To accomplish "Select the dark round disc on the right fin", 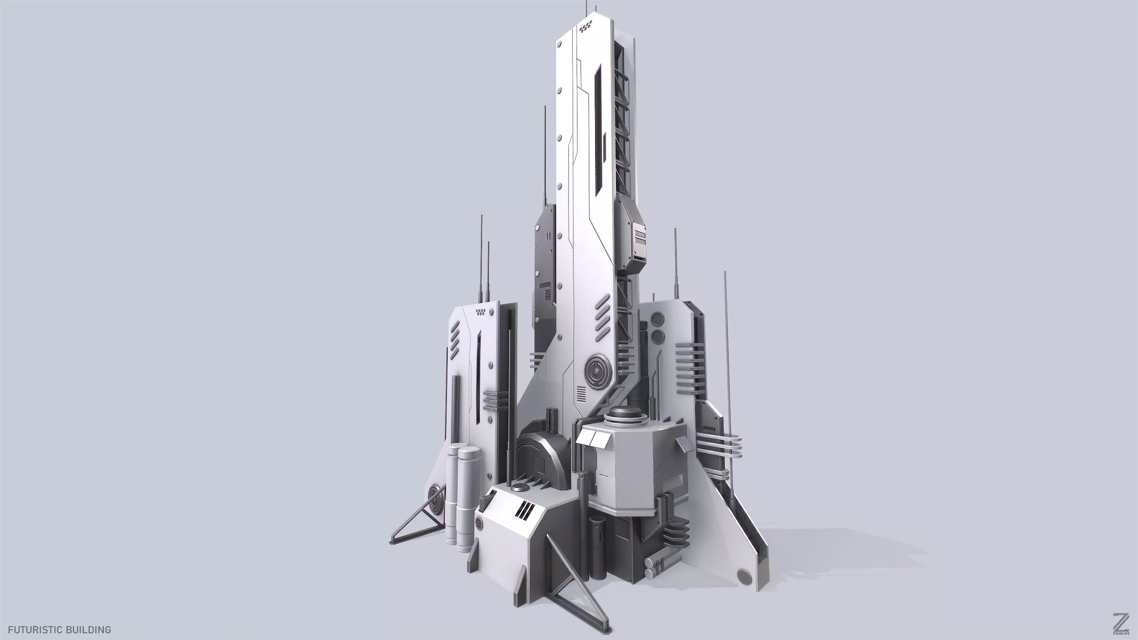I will tap(744, 575).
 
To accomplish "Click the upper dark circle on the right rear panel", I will tap(658, 318).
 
